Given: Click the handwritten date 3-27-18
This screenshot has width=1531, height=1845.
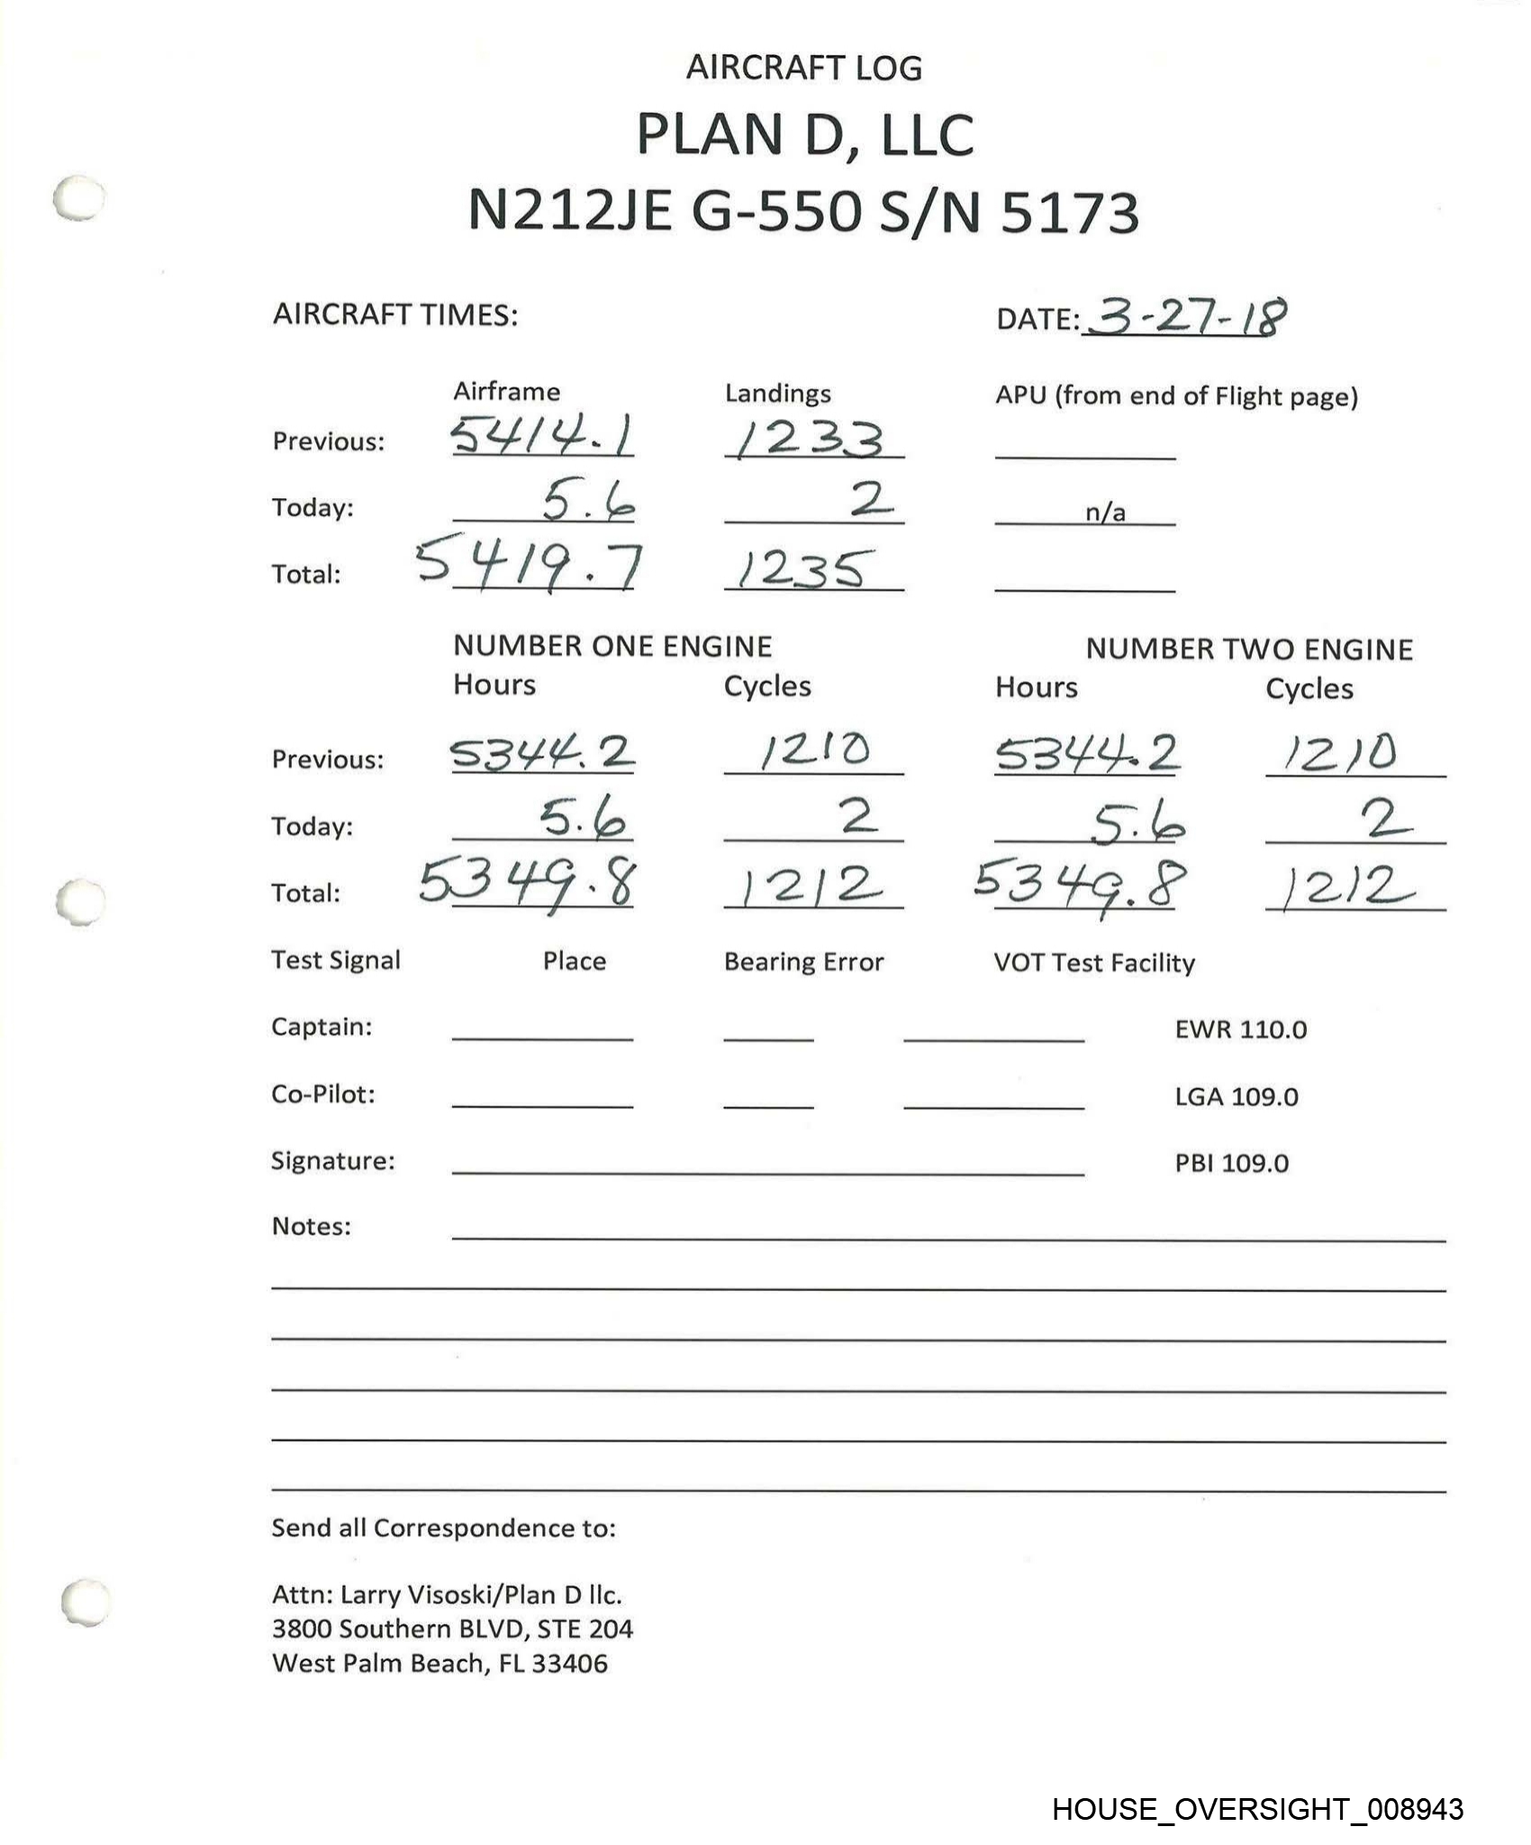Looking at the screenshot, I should pos(1185,316).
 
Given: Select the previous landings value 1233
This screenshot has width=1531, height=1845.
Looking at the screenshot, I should pos(810,440).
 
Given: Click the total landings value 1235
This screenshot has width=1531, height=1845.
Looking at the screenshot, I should pos(804,569).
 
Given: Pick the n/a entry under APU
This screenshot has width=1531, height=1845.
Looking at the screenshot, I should pos(1105,513).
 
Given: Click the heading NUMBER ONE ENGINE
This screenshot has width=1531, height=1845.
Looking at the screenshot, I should pos(612,646).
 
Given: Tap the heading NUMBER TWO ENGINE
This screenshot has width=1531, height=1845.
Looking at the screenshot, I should pos(1249,649).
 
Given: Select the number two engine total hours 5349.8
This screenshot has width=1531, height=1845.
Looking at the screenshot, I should pos(1080,885).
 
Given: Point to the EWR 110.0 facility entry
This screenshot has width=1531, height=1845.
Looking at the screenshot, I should pos(1240,1029).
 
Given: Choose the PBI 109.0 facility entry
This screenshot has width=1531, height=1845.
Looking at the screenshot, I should pos(1231,1163).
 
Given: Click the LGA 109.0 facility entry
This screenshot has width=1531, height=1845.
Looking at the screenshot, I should pos(1236,1096).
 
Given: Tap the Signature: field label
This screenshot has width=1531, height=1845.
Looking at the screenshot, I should pos(332,1160).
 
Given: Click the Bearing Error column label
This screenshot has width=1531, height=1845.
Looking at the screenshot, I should pos(803,962).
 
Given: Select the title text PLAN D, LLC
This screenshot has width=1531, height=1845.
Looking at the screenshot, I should pos(804,135).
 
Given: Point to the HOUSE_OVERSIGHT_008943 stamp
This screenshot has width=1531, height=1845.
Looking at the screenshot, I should pos(1257,1809).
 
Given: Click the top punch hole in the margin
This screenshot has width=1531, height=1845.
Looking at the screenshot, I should pos(78,197).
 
